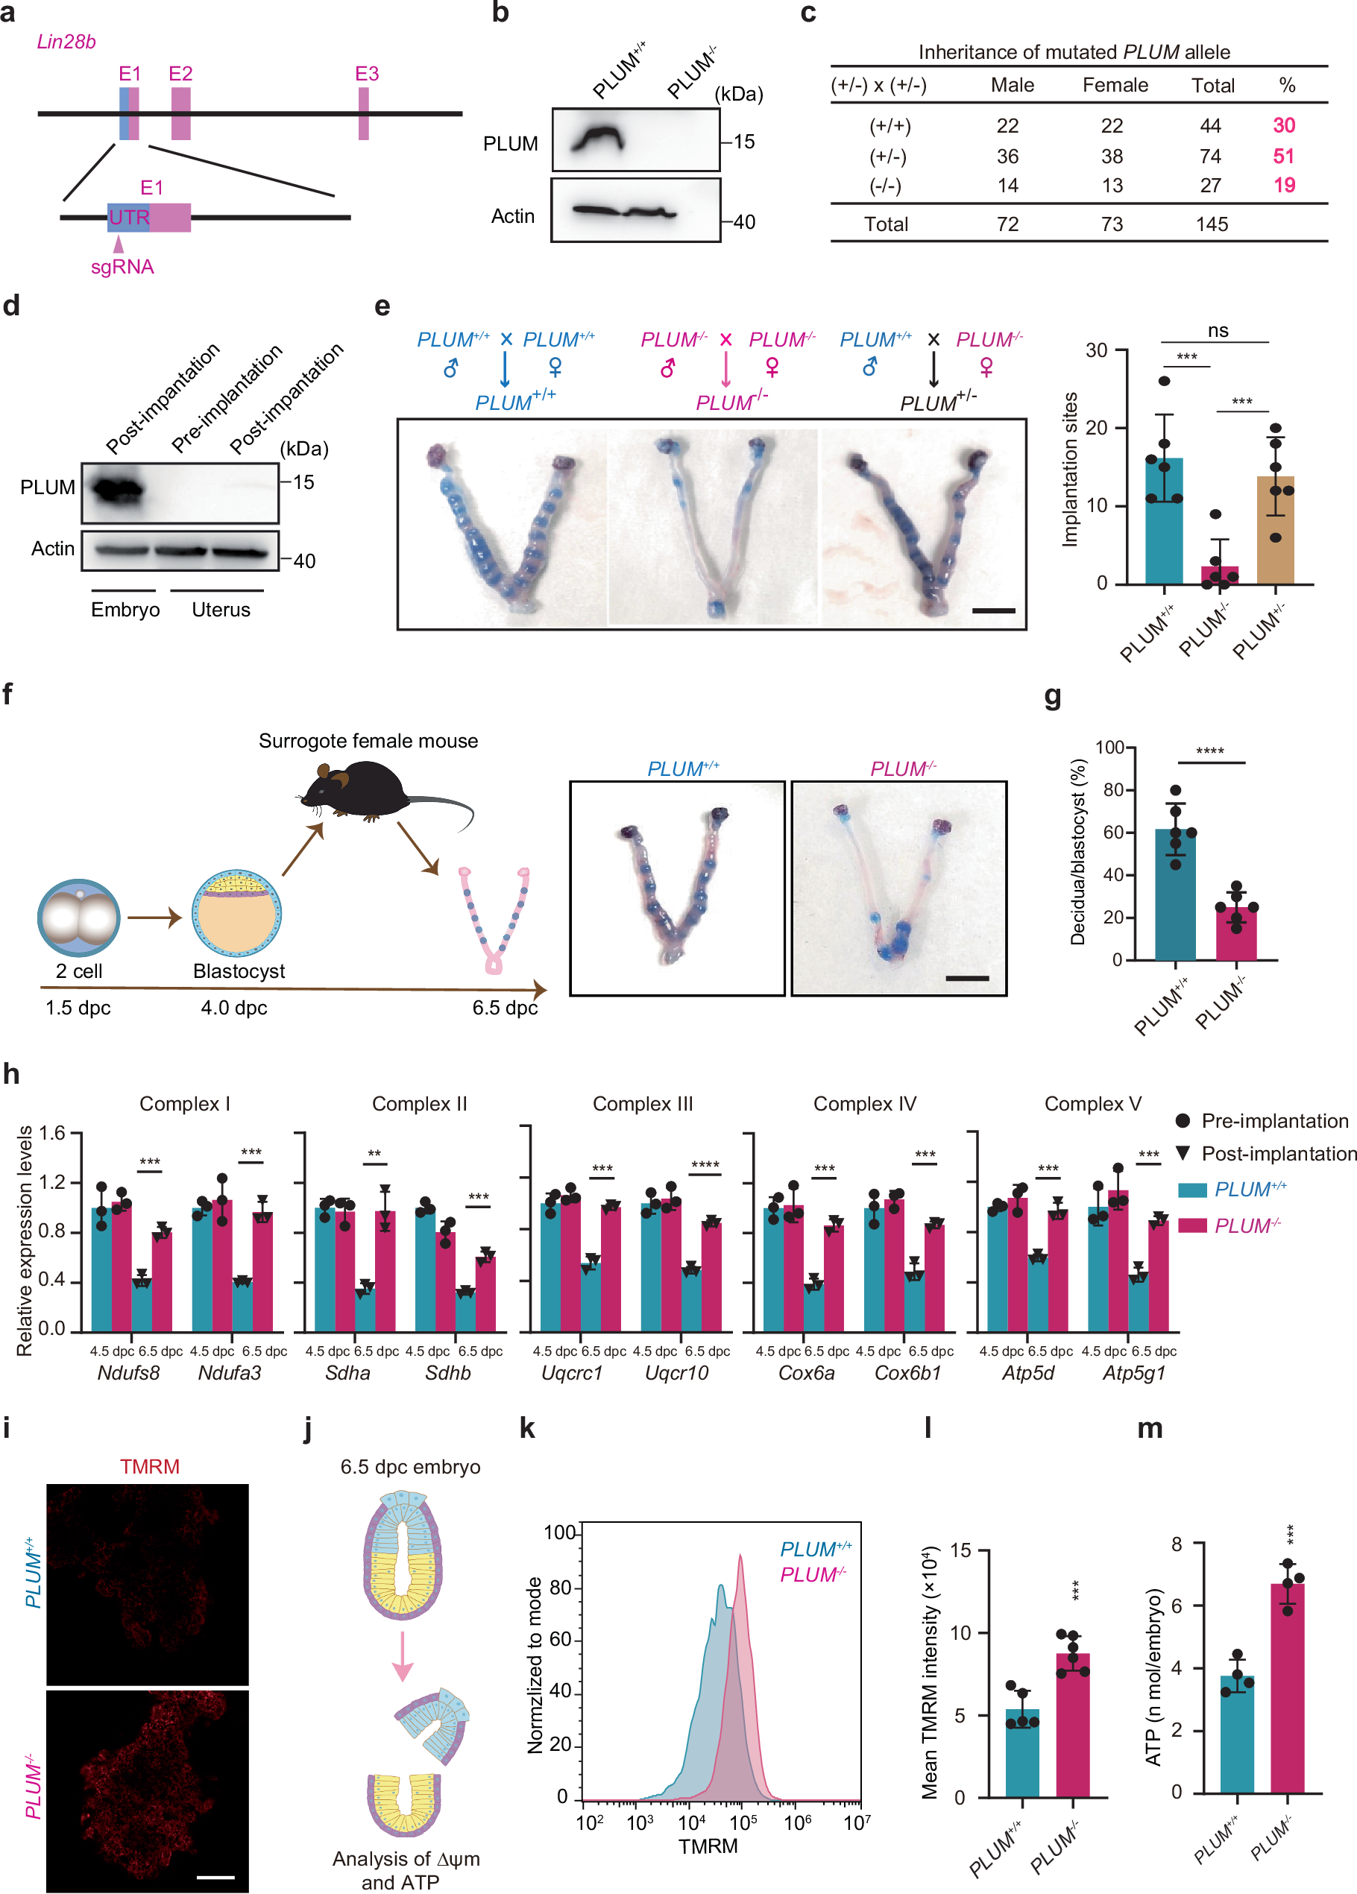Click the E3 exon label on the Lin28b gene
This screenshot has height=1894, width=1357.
tap(367, 74)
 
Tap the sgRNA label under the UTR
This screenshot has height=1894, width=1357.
tap(122, 268)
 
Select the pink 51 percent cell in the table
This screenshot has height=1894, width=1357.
tap(1282, 157)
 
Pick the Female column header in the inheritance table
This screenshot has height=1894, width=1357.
tap(1115, 85)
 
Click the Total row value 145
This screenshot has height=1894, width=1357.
tap(1211, 224)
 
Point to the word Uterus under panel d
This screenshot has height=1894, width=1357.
tap(221, 610)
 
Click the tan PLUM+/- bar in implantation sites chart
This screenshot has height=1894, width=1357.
tap(1275, 530)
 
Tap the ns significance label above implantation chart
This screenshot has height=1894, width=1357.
tap(1218, 331)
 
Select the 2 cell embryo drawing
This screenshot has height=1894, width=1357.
tap(79, 918)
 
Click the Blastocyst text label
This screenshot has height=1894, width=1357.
tap(239, 971)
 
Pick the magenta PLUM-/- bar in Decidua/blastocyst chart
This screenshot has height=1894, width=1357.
tap(1236, 934)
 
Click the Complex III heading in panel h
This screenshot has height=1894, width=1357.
tap(643, 1104)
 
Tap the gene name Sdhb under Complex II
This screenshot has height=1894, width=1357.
tap(448, 1373)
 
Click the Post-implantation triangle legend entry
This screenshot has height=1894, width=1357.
tap(1183, 1153)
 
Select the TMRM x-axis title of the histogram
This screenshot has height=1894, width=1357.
tap(708, 1846)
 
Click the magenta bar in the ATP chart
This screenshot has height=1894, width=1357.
tap(1287, 1688)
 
